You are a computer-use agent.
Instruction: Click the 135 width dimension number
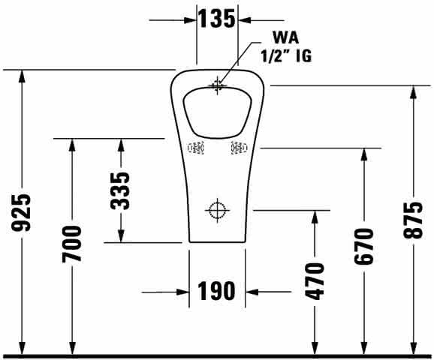pos(216,19)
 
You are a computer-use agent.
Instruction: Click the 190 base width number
pos(216,291)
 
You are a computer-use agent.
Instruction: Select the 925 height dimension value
pos(21,213)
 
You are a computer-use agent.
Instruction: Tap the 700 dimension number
pos(71,244)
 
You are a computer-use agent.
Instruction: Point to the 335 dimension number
pos(120,190)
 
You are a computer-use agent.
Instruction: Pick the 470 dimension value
pos(314,281)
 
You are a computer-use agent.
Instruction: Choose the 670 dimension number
pos(364,246)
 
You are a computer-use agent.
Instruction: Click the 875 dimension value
pos(413,220)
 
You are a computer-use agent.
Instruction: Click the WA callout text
pos(285,37)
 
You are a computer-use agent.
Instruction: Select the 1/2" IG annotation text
pos(286,55)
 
